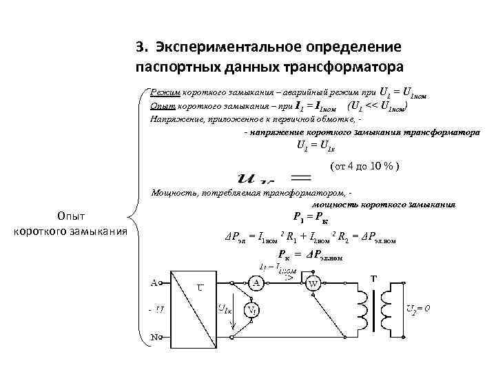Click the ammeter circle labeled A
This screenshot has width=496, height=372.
pos(256,282)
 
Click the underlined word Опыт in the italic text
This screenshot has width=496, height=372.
pos(162,107)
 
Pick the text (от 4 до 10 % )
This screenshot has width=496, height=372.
pos(366,167)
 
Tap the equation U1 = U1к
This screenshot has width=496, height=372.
pos(316,145)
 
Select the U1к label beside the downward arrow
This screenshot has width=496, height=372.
pos(225,308)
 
